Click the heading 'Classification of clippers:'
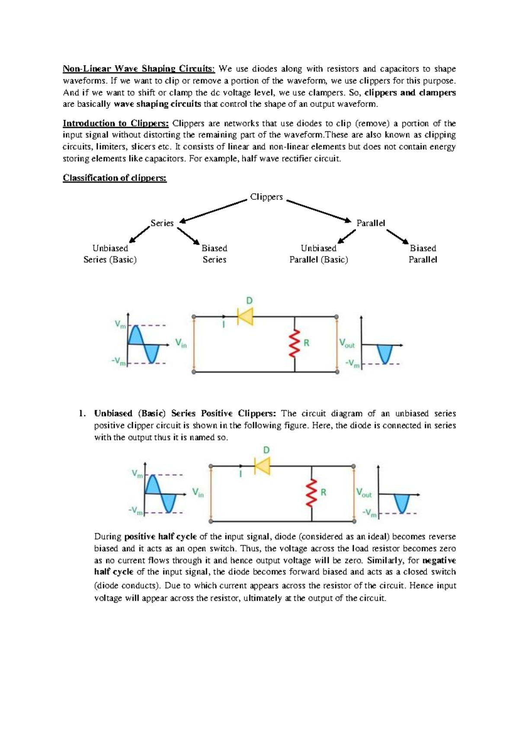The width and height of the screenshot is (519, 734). [115, 178]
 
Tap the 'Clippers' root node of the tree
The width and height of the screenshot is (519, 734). [266, 197]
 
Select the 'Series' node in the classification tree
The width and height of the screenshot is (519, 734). [162, 223]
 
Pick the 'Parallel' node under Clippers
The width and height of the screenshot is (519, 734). [371, 223]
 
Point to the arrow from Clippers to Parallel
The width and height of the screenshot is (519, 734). [319, 211]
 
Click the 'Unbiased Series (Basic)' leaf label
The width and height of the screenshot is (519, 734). [110, 254]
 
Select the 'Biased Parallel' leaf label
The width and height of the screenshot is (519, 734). [423, 254]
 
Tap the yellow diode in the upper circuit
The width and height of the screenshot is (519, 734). [245, 316]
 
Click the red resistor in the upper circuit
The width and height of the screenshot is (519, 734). [295, 343]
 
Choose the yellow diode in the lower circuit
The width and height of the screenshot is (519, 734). [262, 466]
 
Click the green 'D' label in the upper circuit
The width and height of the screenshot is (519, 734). [250, 301]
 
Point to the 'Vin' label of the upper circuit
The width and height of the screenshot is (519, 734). [181, 344]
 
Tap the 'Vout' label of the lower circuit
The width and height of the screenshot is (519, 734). [364, 493]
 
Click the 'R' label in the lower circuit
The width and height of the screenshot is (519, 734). [323, 493]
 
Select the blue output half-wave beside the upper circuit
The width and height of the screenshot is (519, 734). [384, 354]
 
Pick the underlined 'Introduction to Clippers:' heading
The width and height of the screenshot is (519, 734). [115, 123]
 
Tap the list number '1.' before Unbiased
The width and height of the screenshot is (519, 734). [82, 413]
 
